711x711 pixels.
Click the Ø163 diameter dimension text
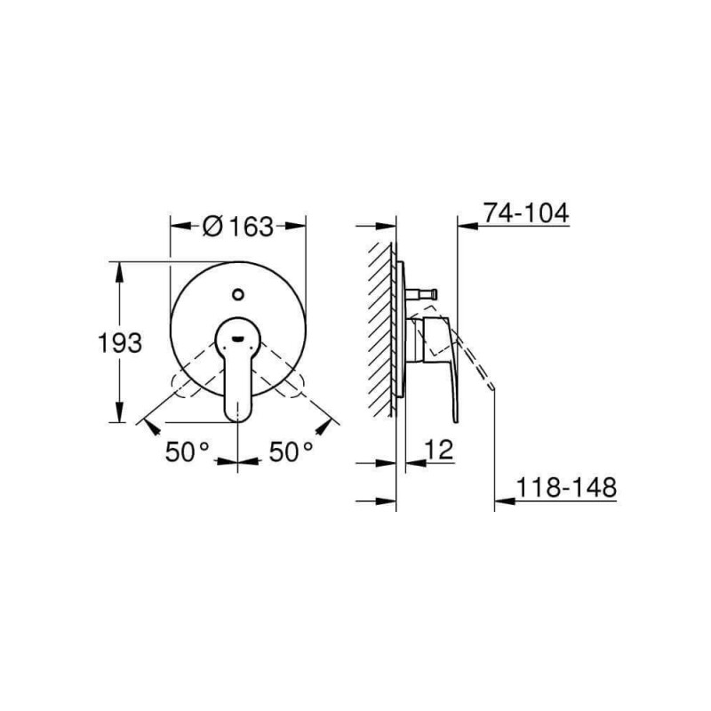[x=238, y=227]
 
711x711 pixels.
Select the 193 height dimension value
[x=120, y=342]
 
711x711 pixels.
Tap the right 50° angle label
[x=292, y=451]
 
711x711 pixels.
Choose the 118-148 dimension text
[x=566, y=488]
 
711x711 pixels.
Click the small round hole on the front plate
[x=238, y=292]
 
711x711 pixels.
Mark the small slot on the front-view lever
[x=238, y=338]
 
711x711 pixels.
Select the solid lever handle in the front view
[x=238, y=373]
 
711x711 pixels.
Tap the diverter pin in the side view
[x=425, y=292]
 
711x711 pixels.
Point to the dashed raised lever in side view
[x=475, y=360]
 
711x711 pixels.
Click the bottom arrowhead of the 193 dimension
[x=118, y=415]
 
